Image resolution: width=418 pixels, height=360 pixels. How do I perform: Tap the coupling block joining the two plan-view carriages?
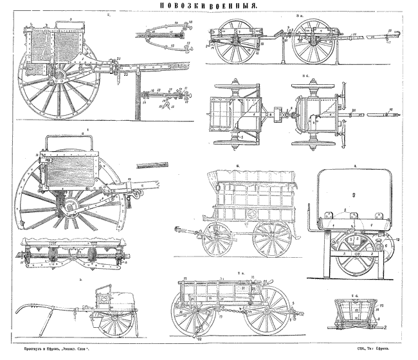pos(279,116)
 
